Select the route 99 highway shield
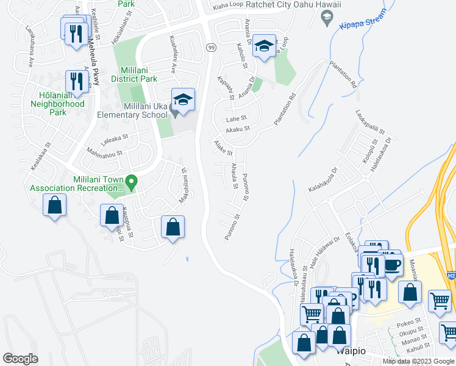(211, 47)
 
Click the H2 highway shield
(451, 276)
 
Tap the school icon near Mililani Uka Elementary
(183, 99)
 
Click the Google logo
(20, 358)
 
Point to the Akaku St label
(238, 129)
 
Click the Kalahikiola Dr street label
(322, 181)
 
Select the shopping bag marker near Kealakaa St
(54, 206)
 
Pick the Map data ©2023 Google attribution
(418, 361)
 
